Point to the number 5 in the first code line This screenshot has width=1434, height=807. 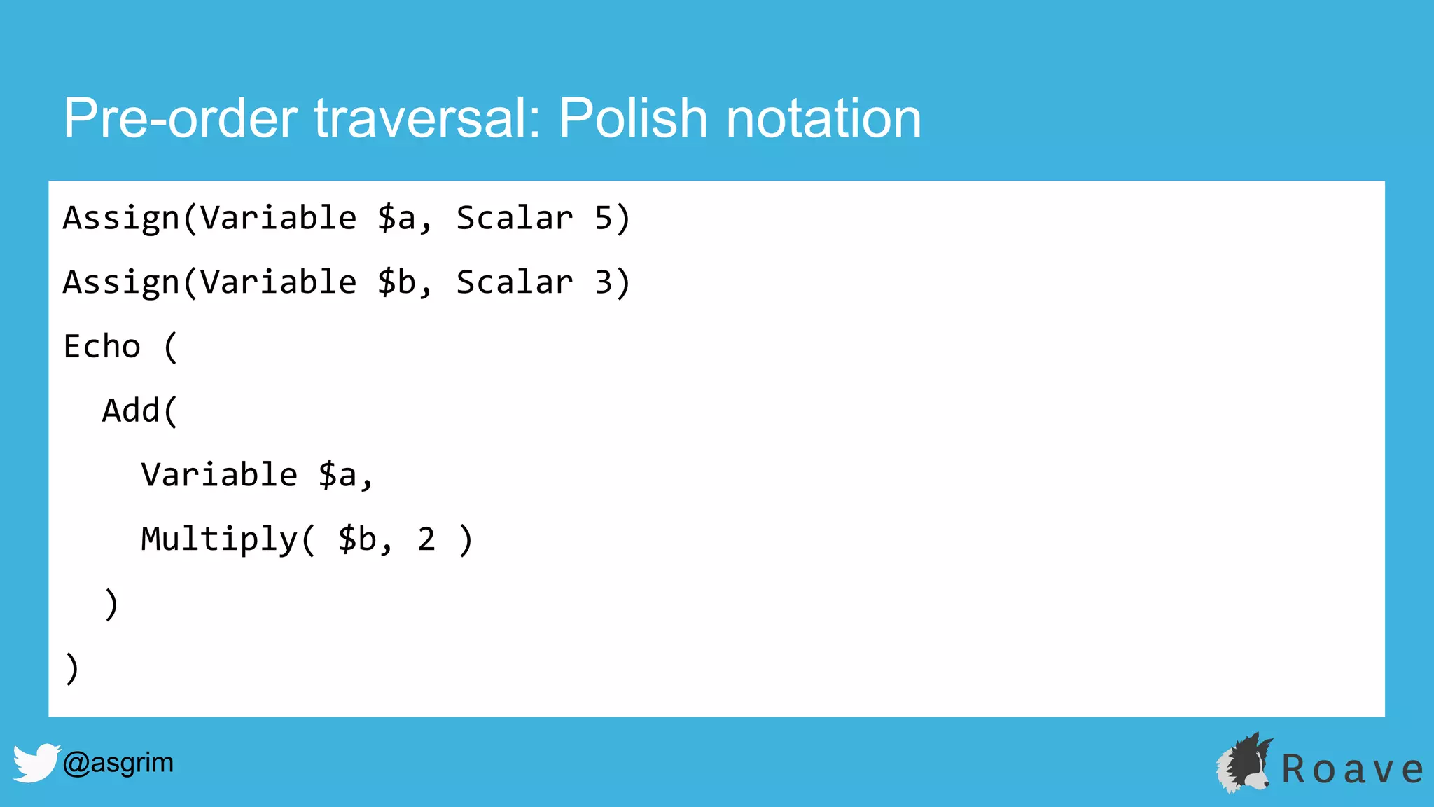click(x=604, y=219)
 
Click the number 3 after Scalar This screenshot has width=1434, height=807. click(x=604, y=283)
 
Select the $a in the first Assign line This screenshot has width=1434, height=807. click(x=397, y=219)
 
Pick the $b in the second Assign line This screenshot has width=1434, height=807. click(x=397, y=283)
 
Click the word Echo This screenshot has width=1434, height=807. click(x=102, y=347)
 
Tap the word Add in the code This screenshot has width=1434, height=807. click(x=132, y=411)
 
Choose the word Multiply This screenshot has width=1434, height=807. click(x=220, y=540)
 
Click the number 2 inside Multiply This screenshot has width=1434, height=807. click(x=426, y=540)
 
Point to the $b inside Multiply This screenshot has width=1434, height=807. click(x=357, y=540)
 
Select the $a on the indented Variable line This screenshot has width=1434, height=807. click(x=337, y=476)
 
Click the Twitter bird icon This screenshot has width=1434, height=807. click(x=36, y=762)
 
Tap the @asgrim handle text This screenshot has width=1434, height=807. click(x=118, y=762)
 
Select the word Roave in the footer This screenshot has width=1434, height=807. click(x=1352, y=769)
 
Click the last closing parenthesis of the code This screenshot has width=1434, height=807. click(x=71, y=668)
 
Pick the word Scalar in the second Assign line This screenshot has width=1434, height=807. click(x=515, y=283)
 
